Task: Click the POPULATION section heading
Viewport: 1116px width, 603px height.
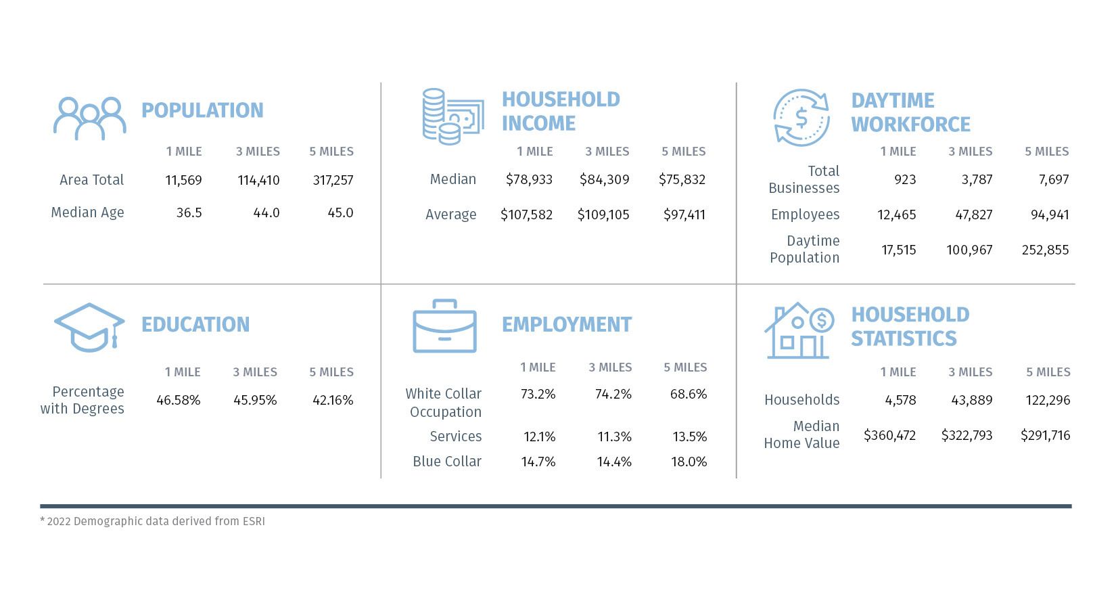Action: tap(202, 110)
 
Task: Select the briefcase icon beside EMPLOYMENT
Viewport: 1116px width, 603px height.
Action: tap(444, 326)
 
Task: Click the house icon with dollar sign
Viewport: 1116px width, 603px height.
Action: tap(799, 330)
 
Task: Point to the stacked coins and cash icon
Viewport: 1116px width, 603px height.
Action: tap(453, 116)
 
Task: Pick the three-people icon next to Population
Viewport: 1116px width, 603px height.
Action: tap(90, 118)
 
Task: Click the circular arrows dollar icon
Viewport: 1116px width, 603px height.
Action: tap(801, 118)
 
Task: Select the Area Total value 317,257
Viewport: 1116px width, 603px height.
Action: tap(333, 180)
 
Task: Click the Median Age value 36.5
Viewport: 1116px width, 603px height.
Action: tap(189, 213)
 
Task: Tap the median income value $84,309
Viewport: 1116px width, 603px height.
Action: tap(605, 179)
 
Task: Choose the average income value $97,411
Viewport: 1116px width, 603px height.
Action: tap(684, 215)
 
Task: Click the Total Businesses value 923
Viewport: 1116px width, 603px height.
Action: tap(905, 179)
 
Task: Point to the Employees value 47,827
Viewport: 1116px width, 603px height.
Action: tap(973, 215)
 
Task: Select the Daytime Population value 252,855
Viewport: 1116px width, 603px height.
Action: tap(1045, 250)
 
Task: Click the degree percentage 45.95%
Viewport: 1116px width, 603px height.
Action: tap(255, 400)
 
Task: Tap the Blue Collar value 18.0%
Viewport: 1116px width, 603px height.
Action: tap(689, 462)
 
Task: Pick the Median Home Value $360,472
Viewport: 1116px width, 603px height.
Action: tap(890, 436)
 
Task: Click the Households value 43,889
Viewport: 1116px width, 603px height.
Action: tap(972, 400)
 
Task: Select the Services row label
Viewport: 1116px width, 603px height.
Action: tap(455, 437)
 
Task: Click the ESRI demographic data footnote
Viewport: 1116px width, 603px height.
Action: tap(152, 521)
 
